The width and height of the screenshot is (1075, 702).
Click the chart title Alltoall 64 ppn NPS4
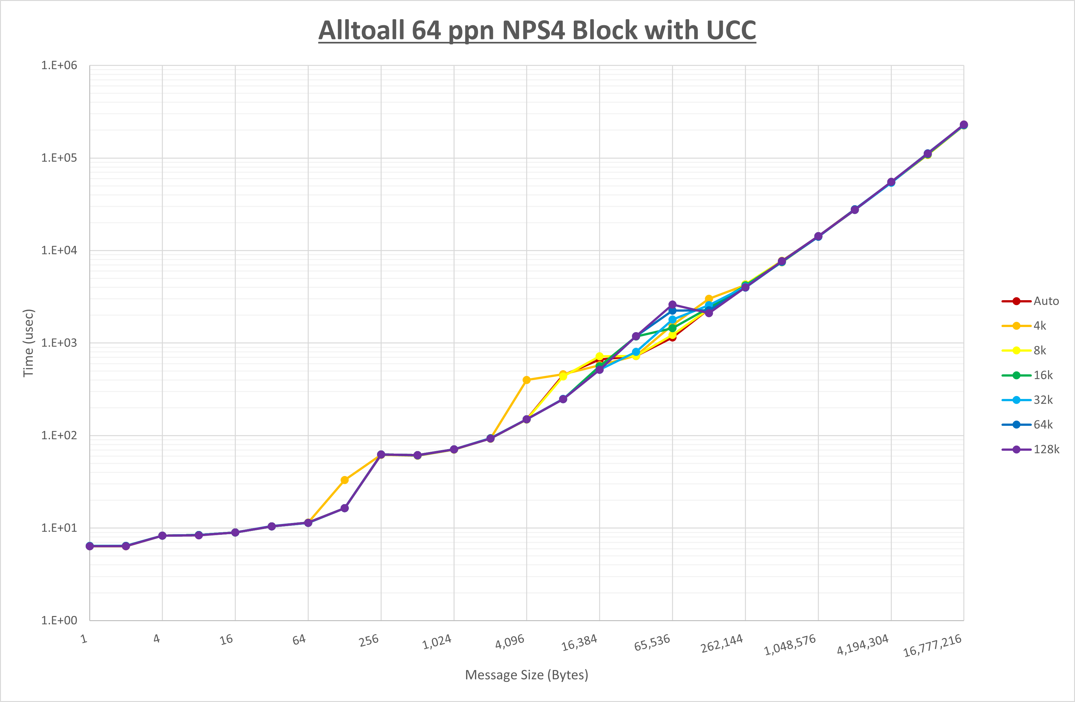(x=537, y=31)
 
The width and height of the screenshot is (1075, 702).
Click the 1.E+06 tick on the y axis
(x=59, y=66)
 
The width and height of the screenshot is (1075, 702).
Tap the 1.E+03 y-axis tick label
(x=59, y=343)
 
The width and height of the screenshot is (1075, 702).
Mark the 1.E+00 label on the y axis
(x=59, y=620)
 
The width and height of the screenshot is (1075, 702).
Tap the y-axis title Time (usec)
(x=28, y=343)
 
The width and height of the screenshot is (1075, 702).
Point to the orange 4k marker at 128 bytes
(x=344, y=480)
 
